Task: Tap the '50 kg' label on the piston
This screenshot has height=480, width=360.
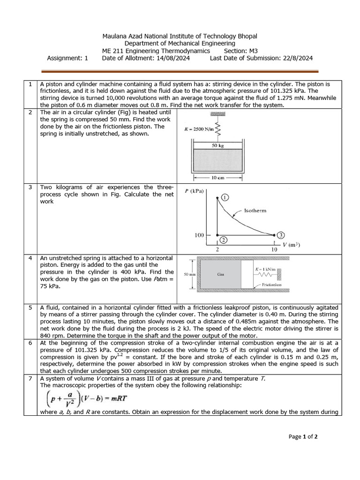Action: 217,146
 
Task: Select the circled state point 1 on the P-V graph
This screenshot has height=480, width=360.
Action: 225,197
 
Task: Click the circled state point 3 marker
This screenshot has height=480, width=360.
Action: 280,234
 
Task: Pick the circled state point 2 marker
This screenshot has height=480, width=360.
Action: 224,240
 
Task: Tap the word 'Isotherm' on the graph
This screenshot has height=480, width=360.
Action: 255,210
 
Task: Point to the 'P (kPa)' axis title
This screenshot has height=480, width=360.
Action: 195,191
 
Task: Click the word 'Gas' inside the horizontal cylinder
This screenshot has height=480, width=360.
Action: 221,275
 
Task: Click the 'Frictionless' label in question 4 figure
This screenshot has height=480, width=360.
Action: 272,284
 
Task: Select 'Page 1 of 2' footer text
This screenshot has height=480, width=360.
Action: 303,436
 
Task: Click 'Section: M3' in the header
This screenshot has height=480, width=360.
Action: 241,51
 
